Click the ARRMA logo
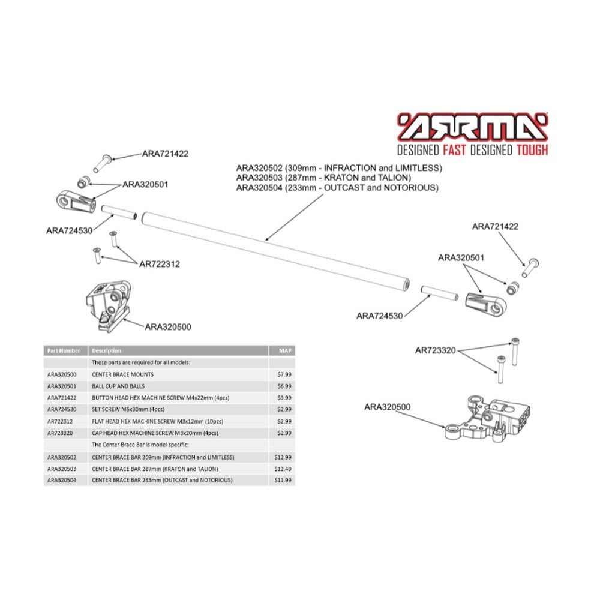point(473,127)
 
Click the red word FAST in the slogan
point(454,150)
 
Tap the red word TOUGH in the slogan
point(532,150)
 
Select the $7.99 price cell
point(284,374)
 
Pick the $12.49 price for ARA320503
point(283,469)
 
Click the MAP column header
point(285,350)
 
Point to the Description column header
point(106,350)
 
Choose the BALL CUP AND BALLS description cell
point(118,386)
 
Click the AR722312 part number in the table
point(59,421)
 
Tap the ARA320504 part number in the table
point(62,480)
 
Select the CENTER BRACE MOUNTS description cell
point(122,374)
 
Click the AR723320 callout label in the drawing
point(436,350)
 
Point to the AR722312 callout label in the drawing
point(160,264)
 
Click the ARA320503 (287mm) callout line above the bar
point(324,178)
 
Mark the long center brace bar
point(276,252)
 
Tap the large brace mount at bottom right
point(487,419)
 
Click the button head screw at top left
point(102,163)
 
